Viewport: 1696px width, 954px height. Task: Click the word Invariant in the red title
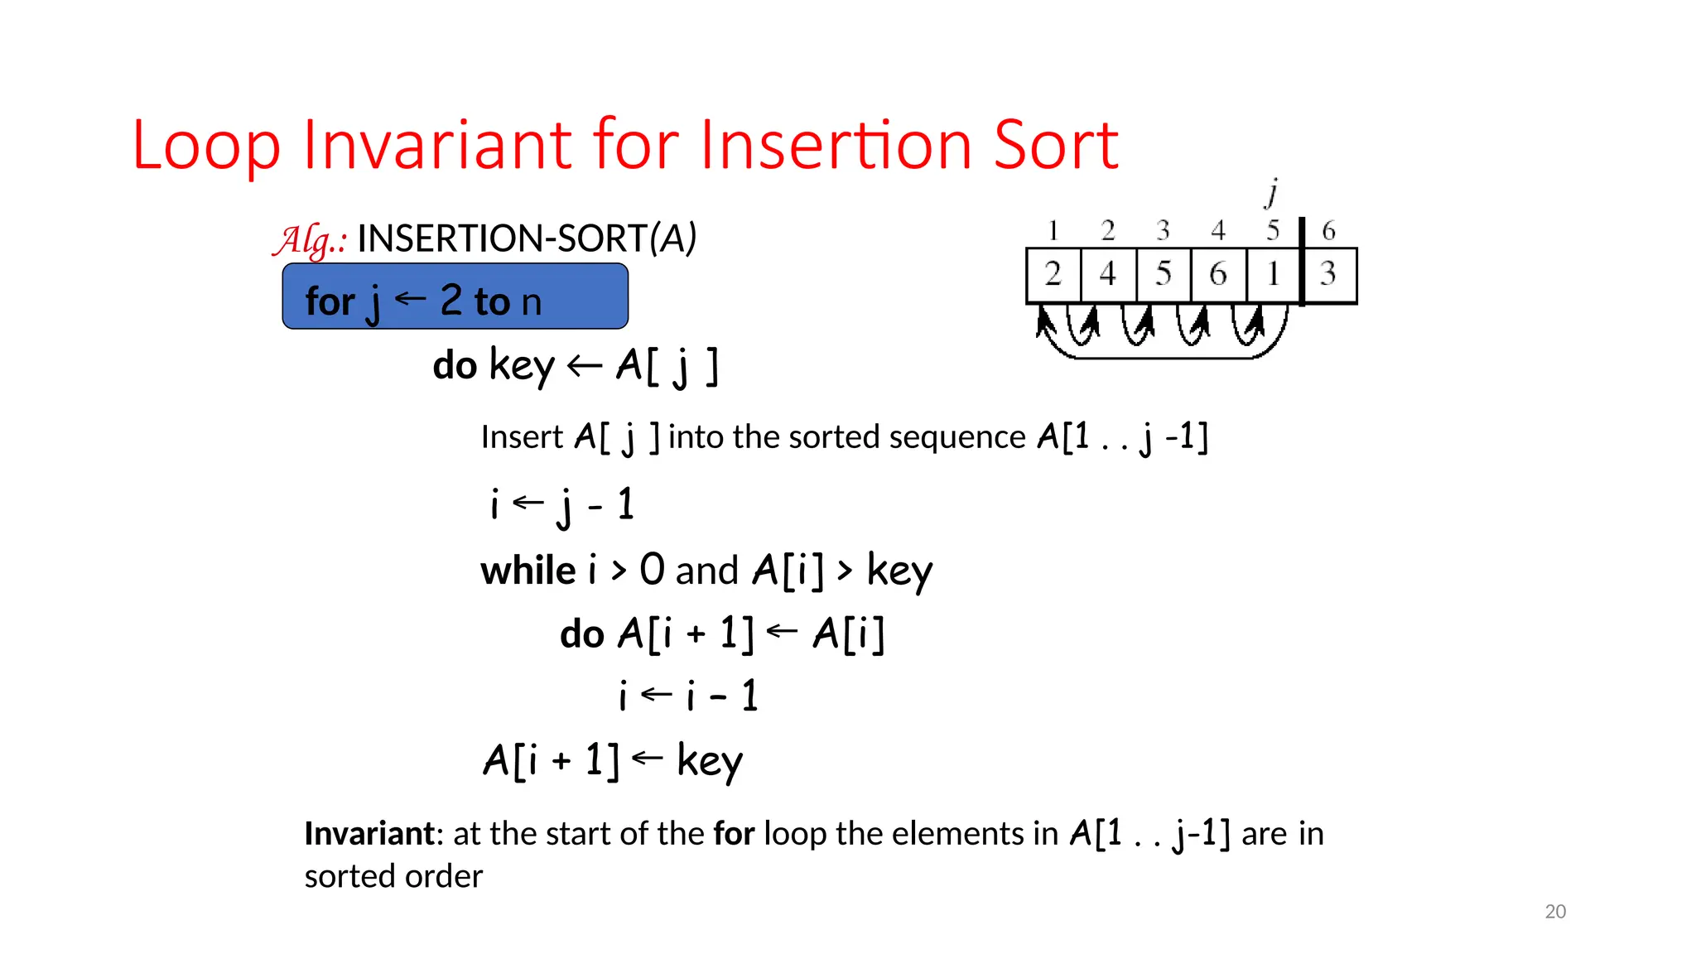pyautogui.click(x=439, y=145)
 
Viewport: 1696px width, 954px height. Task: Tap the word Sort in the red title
pyautogui.click(x=1056, y=145)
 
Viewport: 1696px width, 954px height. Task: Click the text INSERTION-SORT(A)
pyautogui.click(x=527, y=238)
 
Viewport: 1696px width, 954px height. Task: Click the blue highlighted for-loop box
pyautogui.click(x=455, y=296)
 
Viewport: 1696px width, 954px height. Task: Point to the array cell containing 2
pyautogui.click(x=1053, y=274)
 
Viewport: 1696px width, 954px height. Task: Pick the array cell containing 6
pyautogui.click(x=1218, y=274)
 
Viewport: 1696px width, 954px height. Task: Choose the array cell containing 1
pyautogui.click(x=1274, y=274)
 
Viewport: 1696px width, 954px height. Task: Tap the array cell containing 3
pyautogui.click(x=1329, y=274)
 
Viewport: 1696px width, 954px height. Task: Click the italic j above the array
pyautogui.click(x=1272, y=193)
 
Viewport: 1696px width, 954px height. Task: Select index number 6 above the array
pyautogui.click(x=1328, y=230)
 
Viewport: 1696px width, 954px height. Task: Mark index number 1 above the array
pyautogui.click(x=1053, y=230)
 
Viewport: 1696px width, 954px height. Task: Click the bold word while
pyautogui.click(x=528, y=571)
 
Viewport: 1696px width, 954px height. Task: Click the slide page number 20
pyautogui.click(x=1555, y=912)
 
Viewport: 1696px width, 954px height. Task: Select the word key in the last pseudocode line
pyautogui.click(x=710, y=760)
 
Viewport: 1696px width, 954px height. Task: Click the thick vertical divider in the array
pyautogui.click(x=1302, y=262)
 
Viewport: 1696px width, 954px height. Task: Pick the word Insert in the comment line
pyautogui.click(x=522, y=437)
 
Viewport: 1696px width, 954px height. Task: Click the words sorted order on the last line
pyautogui.click(x=393, y=876)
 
